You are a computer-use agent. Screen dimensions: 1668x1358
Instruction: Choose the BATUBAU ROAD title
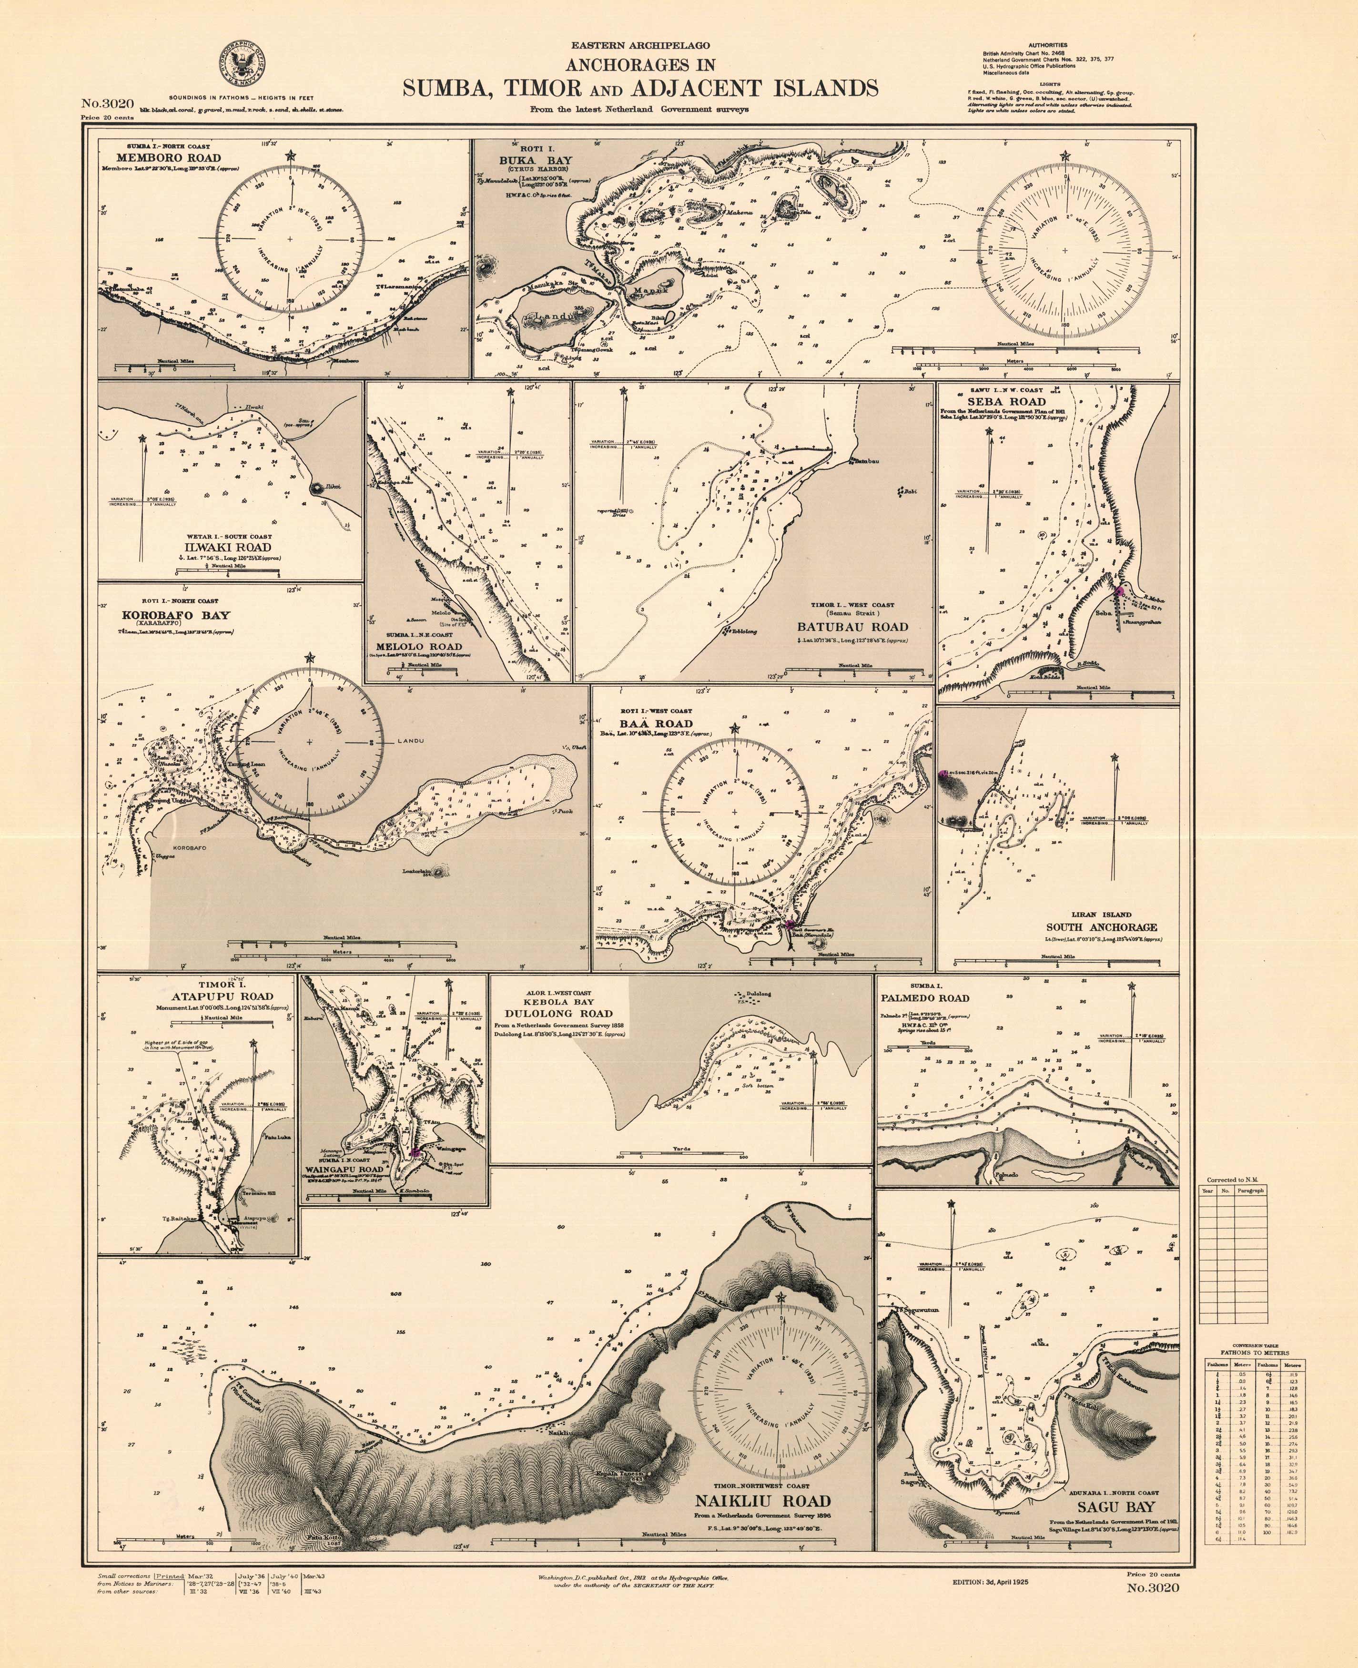(x=852, y=626)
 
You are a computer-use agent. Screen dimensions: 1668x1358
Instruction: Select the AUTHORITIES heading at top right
(x=1047, y=45)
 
